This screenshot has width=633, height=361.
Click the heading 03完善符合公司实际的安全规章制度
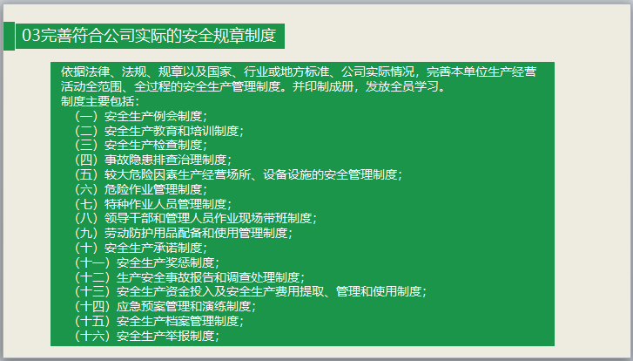(149, 36)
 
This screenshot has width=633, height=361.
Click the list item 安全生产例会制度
(152, 116)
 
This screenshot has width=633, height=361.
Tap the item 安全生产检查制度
(152, 145)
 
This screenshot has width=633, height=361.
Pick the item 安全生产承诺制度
(152, 248)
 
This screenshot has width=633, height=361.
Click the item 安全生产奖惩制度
(165, 262)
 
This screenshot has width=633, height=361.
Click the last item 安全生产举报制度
(165, 335)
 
